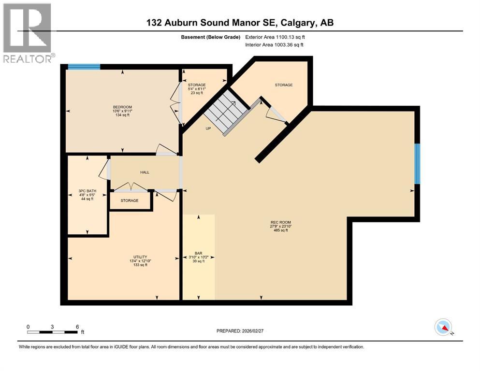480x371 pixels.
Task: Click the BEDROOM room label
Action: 122,107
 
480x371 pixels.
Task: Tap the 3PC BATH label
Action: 87,191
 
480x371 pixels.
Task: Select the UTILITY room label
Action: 140,257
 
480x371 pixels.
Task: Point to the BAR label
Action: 198,253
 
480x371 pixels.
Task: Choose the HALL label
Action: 144,172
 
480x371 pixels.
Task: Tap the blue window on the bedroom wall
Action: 84,67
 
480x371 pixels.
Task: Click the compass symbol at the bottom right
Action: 443,327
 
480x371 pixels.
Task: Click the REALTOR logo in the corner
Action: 27,33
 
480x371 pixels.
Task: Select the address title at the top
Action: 240,22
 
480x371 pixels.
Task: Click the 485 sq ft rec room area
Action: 280,230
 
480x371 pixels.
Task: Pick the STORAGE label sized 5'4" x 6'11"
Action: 197,85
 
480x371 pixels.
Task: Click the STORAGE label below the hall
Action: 130,200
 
